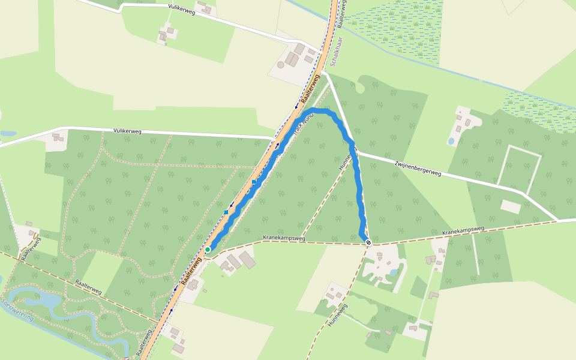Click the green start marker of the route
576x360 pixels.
point(208,249)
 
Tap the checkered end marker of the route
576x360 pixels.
point(368,242)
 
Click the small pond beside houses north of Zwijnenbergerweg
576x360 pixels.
point(451,141)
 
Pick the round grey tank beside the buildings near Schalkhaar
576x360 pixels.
point(280,64)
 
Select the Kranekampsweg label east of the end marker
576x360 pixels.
point(463,231)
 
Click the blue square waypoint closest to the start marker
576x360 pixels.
point(226,212)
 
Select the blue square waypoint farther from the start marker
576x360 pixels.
point(254,181)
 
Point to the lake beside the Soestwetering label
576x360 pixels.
point(36,298)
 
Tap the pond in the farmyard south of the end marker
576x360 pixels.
point(393,272)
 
